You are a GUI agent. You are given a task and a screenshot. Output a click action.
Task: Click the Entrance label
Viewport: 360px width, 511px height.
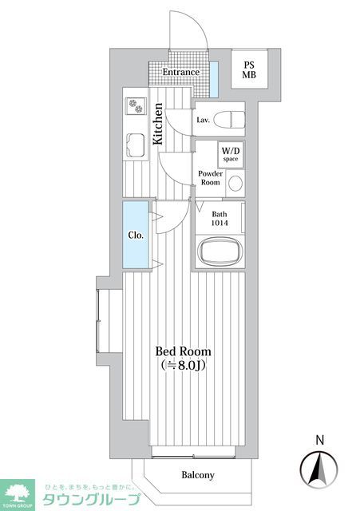(180, 73)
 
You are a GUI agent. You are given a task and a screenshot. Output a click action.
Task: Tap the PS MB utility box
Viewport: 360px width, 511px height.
(251, 70)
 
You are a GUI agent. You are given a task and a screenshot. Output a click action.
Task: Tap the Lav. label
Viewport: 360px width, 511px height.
(204, 121)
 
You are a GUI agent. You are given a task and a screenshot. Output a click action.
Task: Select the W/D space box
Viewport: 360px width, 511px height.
(231, 154)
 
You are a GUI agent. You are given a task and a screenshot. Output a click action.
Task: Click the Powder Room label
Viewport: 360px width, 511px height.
(209, 177)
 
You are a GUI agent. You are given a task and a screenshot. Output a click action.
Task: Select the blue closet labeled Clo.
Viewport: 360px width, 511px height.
(135, 236)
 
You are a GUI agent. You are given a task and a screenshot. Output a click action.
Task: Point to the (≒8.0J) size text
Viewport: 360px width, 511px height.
(184, 366)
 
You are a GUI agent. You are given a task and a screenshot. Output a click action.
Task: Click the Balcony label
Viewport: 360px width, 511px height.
(197, 475)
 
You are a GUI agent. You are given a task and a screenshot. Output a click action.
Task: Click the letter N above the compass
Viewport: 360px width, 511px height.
(319, 438)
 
